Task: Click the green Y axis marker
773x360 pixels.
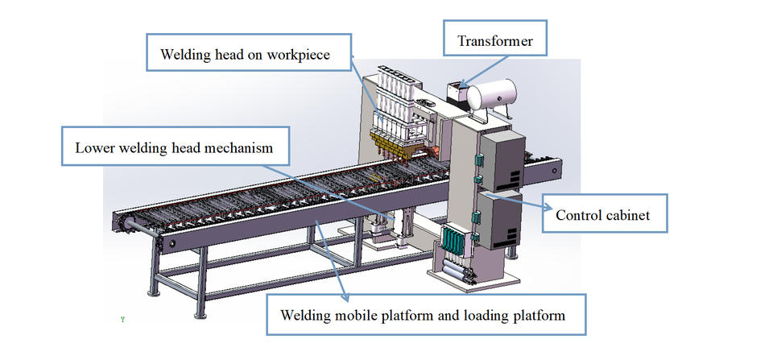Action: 122,320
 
